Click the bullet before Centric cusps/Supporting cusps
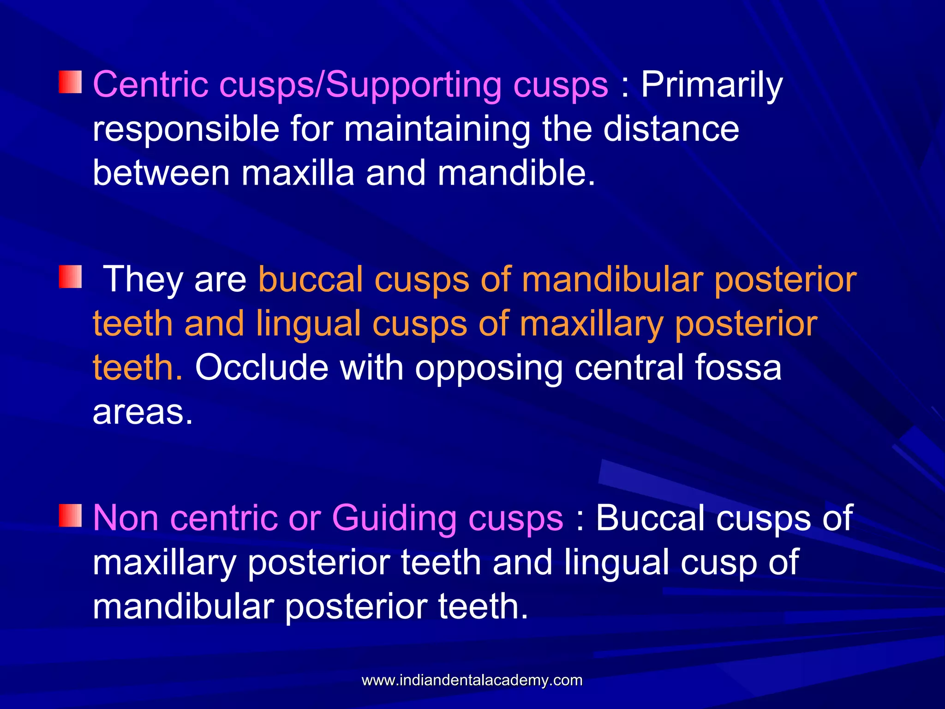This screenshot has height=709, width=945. (x=70, y=82)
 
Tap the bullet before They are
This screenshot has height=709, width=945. (x=70, y=277)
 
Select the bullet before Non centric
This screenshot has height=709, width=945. (x=70, y=516)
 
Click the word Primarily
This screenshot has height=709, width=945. (x=712, y=86)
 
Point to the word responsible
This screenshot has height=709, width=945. (x=186, y=130)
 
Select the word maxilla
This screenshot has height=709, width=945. (x=298, y=173)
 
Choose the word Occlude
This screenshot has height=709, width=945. (x=262, y=368)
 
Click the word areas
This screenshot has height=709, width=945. (x=142, y=412)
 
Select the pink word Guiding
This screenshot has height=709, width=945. (x=394, y=518)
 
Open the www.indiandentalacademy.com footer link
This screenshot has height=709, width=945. (x=472, y=680)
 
